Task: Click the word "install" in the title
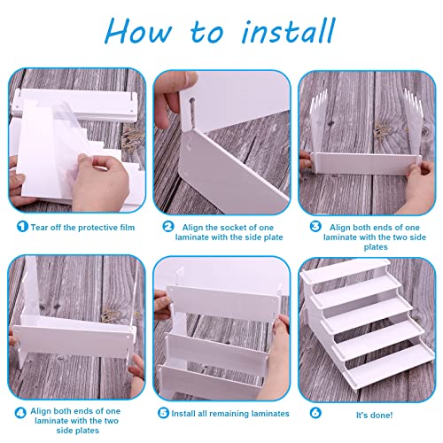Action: click(288, 30)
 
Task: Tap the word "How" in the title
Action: click(138, 30)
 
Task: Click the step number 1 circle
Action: click(22, 227)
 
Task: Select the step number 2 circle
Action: click(168, 227)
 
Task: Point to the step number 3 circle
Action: click(315, 227)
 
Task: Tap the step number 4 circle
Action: click(20, 413)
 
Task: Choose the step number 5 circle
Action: click(163, 413)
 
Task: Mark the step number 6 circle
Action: click(315, 413)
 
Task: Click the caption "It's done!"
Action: click(374, 415)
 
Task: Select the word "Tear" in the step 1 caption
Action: click(40, 228)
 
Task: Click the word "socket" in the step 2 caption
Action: click(235, 228)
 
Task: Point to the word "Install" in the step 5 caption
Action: click(183, 414)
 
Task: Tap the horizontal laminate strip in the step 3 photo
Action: click(366, 165)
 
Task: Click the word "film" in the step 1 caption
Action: click(128, 228)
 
